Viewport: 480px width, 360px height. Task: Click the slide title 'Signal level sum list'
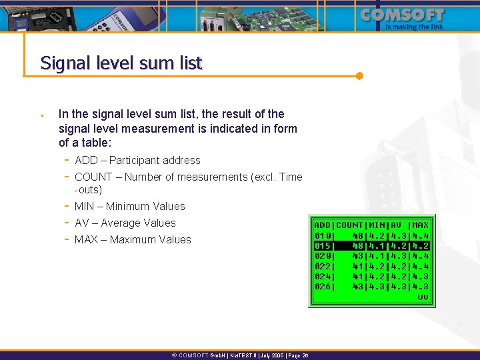[x=121, y=63]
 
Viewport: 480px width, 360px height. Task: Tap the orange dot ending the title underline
[x=359, y=75]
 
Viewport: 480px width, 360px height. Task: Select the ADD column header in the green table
[x=322, y=225]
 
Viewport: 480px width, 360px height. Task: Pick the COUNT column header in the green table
[x=349, y=225]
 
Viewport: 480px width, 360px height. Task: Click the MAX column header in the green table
[x=421, y=225]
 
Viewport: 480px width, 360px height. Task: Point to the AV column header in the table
[x=397, y=225]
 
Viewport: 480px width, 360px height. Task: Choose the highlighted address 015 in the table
[x=322, y=245]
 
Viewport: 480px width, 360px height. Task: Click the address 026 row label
[x=322, y=287]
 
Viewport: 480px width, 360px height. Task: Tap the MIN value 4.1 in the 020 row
[x=377, y=256]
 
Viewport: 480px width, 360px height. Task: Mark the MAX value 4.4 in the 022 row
[x=421, y=266]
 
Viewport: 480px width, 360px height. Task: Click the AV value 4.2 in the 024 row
[x=399, y=277]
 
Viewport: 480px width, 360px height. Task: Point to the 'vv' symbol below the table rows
[x=423, y=297]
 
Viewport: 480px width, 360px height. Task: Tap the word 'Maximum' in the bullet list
[x=131, y=240]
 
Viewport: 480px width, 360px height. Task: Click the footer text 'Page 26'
[x=296, y=356]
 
